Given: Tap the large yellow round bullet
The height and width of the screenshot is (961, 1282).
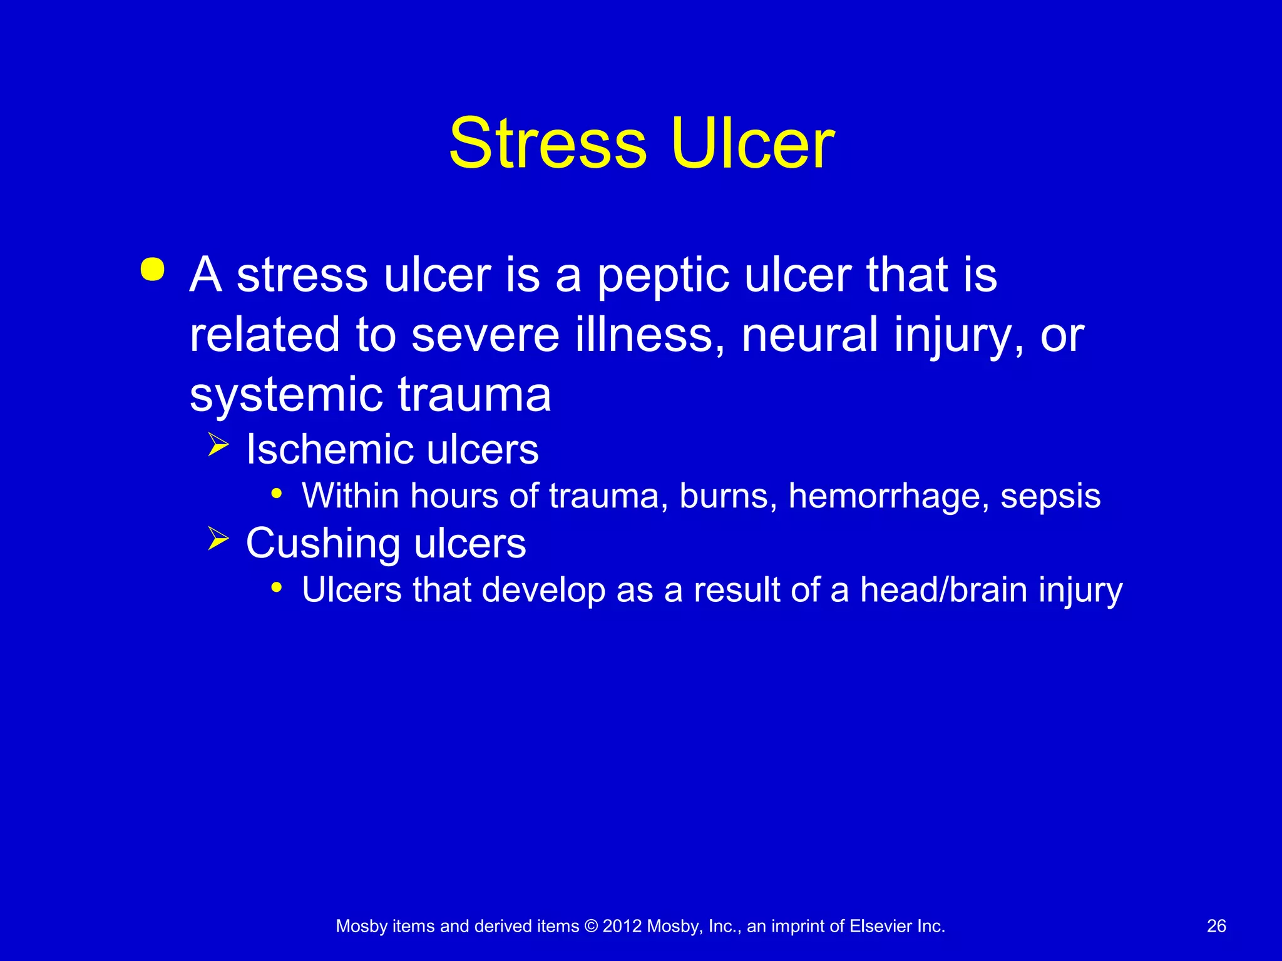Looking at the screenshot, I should click(x=153, y=270).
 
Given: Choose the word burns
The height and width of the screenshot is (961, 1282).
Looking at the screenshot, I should click(x=728, y=496).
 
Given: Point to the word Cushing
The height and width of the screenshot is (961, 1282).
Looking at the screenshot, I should click(x=322, y=544).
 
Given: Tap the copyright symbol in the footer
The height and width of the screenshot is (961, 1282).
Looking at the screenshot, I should click(x=590, y=926).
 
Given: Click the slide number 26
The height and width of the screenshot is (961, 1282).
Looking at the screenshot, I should click(x=1216, y=926).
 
